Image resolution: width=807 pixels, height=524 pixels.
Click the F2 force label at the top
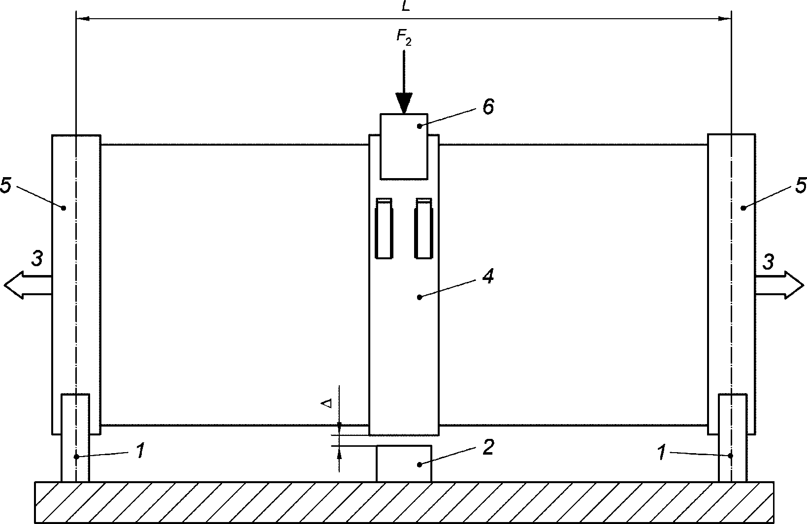coord(404,37)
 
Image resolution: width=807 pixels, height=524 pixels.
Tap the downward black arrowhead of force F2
coord(404,104)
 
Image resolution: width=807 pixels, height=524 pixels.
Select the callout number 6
coord(488,107)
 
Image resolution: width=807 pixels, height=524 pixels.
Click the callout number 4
coord(488,276)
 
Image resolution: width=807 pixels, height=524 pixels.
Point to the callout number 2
coord(488,448)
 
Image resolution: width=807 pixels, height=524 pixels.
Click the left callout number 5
coord(6,185)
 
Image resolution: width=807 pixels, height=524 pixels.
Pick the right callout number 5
coord(801,185)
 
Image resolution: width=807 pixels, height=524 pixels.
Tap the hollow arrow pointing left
coord(28,285)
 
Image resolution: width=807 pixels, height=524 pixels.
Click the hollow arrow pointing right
coord(779,285)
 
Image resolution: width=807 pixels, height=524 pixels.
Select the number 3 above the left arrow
coord(37,258)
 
